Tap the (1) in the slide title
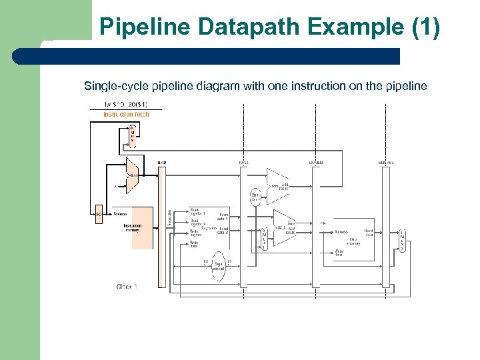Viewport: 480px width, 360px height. click(424, 27)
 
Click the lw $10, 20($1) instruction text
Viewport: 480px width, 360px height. click(126, 105)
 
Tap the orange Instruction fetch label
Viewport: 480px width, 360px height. click(126, 114)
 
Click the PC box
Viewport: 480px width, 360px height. click(98, 215)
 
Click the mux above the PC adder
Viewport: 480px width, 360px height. click(132, 134)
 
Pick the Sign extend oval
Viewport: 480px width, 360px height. click(219, 269)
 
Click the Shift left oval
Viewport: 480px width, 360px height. click(255, 196)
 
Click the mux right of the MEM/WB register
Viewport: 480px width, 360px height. click(401, 239)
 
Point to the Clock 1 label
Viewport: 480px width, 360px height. click(127, 287)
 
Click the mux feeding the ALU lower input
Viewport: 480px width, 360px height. click(264, 239)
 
